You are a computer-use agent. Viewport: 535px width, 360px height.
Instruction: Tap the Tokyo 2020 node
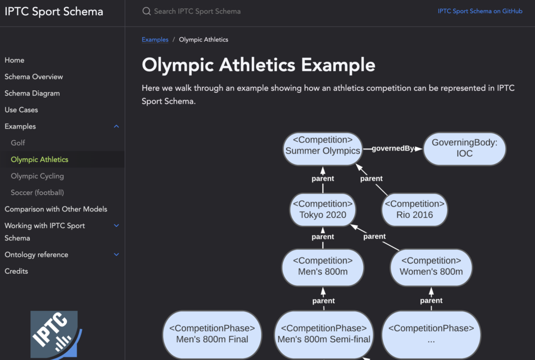322,210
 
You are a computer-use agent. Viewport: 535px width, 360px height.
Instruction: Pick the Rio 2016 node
414,210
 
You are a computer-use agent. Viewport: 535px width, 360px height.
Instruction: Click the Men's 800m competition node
322,266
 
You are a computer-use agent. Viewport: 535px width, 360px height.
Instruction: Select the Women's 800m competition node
431,266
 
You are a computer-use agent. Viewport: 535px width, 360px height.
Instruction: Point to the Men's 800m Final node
212,334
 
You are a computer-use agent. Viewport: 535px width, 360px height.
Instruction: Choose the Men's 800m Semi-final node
323,334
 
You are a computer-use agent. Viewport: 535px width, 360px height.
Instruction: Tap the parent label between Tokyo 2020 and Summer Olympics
322,179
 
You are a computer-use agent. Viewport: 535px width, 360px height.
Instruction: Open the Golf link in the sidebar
18,143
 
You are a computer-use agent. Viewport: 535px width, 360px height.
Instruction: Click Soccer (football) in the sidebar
37,192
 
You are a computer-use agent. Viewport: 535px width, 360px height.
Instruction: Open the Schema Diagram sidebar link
32,93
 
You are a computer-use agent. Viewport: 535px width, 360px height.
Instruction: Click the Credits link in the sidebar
16,271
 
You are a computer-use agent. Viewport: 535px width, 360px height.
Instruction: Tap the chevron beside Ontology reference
117,254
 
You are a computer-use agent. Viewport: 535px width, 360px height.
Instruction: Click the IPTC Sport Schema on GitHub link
480,11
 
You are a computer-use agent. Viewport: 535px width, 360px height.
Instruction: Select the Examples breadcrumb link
155,39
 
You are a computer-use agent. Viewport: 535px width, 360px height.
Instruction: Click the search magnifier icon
146,11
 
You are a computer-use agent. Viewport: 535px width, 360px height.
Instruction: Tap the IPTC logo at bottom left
55,334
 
